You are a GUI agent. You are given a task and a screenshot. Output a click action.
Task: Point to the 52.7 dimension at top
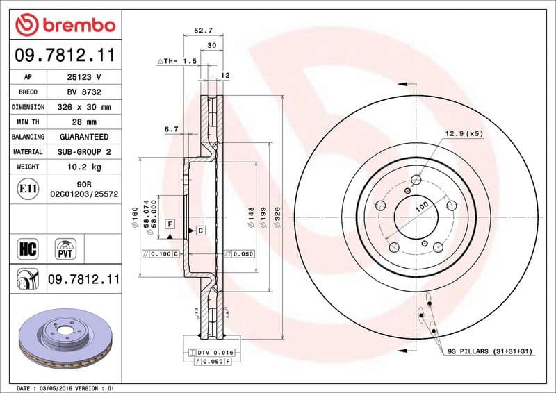click(202, 31)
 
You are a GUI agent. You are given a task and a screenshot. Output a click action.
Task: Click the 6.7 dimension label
click(172, 129)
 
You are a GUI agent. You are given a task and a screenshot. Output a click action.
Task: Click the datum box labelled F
click(169, 224)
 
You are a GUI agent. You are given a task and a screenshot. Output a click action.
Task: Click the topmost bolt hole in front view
click(416, 181)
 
